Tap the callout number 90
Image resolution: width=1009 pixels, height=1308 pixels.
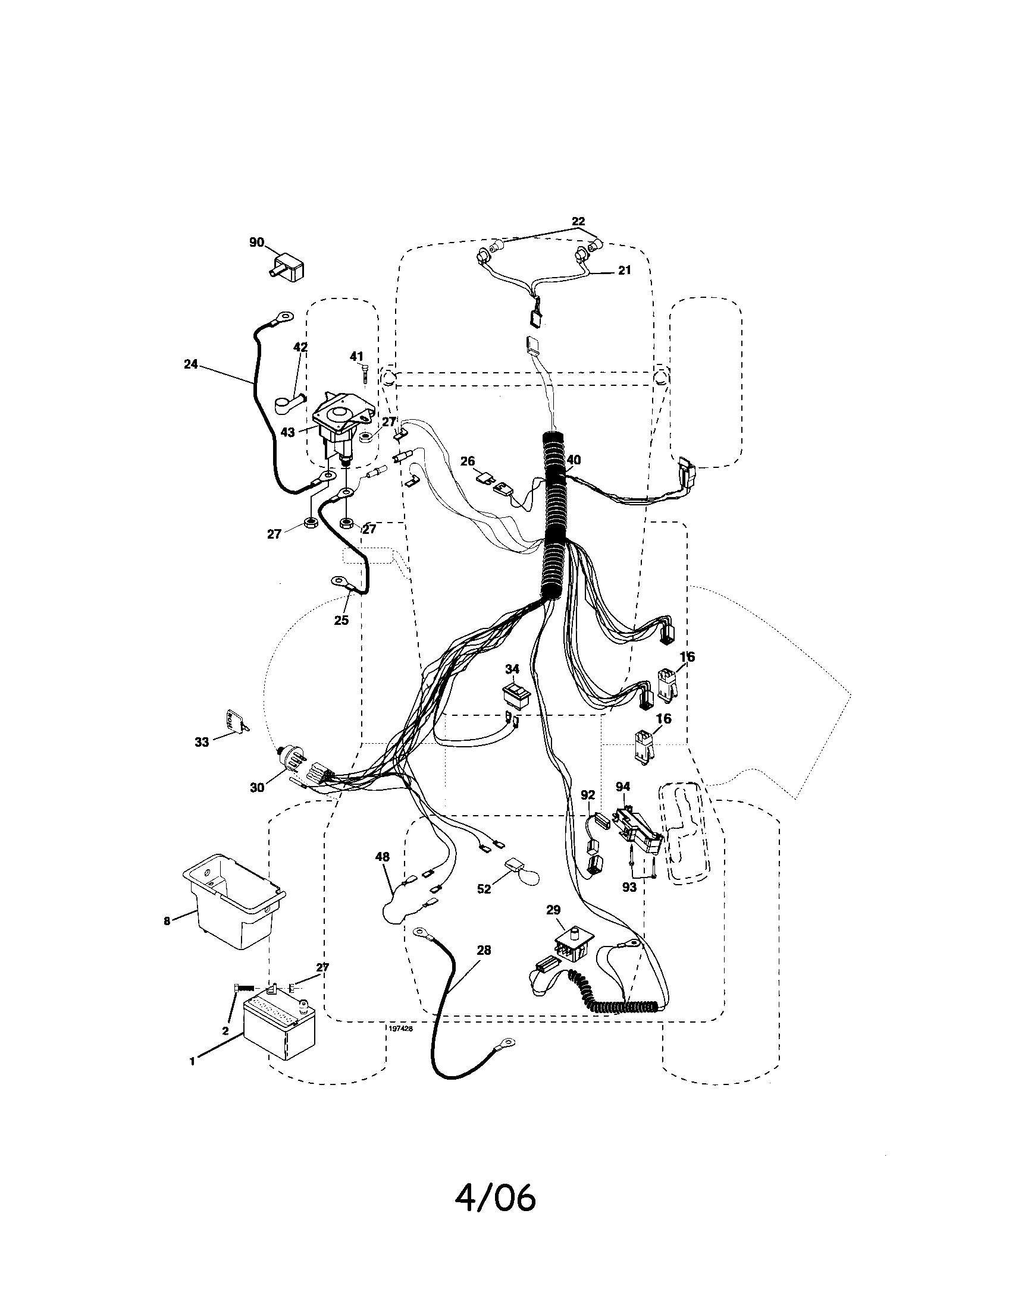tap(256, 243)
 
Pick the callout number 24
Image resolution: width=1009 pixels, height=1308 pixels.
tap(190, 363)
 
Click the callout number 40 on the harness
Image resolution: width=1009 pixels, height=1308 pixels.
tap(574, 460)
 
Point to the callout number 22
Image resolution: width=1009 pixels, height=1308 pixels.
tap(578, 222)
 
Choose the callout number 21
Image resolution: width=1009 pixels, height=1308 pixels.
tap(624, 271)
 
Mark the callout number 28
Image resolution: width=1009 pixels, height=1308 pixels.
tap(484, 951)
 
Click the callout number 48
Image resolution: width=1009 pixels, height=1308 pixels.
tap(383, 857)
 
